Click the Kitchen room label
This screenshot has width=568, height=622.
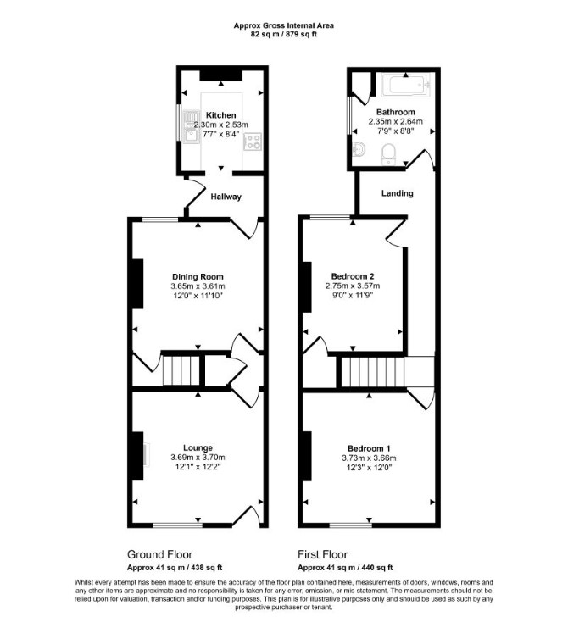220,115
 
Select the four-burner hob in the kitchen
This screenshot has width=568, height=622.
253,142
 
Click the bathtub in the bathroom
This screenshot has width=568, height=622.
406,85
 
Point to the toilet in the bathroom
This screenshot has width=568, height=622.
388,154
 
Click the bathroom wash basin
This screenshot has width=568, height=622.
359,149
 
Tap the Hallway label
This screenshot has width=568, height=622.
226,197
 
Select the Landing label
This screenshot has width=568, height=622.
398,193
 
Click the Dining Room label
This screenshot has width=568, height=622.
198,277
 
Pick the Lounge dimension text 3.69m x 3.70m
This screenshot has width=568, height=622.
198,458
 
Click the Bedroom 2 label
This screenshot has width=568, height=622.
353,276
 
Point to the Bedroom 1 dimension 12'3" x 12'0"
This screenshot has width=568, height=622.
369,468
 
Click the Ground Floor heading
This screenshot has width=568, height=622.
159,554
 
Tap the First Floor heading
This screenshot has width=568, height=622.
323,554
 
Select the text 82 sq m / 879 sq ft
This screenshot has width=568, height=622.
284,34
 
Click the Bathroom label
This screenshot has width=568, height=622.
396,112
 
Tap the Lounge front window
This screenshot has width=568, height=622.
178,525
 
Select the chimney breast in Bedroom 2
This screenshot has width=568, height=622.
307,286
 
